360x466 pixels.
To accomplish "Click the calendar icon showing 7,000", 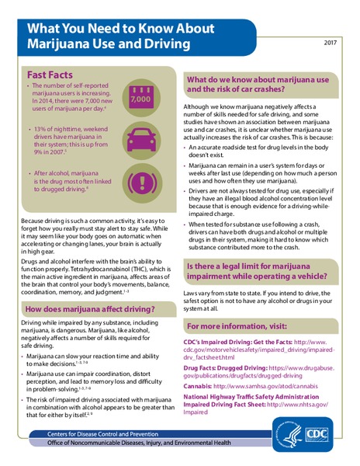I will tap(140, 99).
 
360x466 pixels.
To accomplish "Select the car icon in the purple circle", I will tap(141, 141).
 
